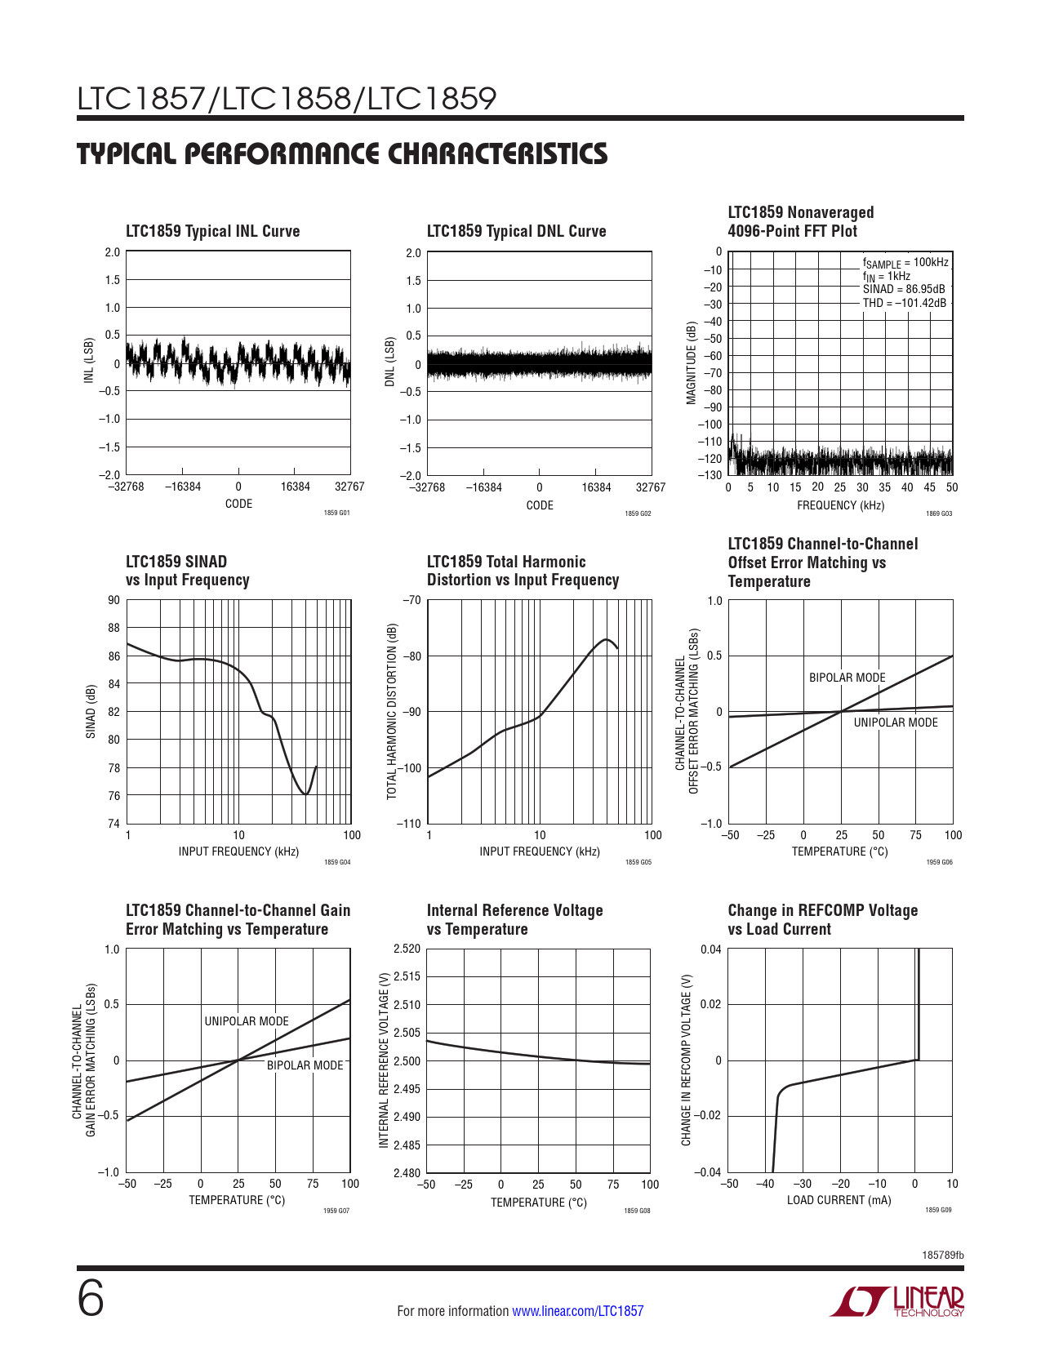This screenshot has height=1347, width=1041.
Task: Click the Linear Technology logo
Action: click(x=898, y=1301)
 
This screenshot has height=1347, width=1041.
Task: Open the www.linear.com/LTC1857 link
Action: click(x=577, y=1311)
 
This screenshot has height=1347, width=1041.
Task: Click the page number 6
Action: click(x=91, y=1300)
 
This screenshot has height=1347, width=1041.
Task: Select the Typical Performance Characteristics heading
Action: click(x=342, y=154)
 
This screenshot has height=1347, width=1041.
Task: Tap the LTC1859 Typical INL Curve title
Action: click(x=212, y=231)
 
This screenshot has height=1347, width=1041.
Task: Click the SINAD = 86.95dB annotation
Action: click(x=904, y=289)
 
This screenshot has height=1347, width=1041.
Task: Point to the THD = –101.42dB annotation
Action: click(x=905, y=303)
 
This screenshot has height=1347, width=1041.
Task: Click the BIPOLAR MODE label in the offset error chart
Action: click(x=847, y=678)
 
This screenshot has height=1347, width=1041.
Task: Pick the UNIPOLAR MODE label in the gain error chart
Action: click(x=247, y=1021)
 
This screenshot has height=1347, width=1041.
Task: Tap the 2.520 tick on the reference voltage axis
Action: click(x=407, y=949)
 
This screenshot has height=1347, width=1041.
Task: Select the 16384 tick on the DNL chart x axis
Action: click(x=596, y=487)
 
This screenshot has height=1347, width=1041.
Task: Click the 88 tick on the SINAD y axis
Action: click(x=113, y=628)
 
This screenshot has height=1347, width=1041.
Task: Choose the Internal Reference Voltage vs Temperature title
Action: click(x=514, y=919)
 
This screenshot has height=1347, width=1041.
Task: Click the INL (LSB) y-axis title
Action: click(x=89, y=361)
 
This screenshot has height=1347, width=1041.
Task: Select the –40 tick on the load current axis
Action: click(x=765, y=1184)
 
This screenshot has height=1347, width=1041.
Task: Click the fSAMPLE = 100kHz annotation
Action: click(x=905, y=263)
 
